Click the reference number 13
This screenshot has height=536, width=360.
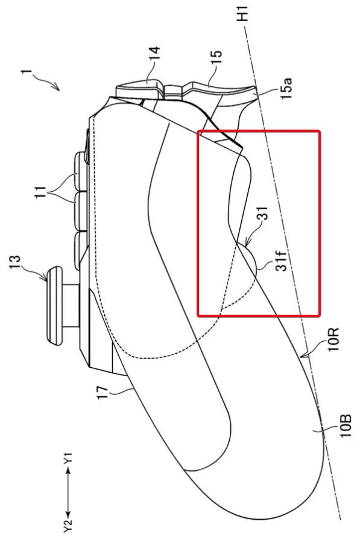(x=17, y=263)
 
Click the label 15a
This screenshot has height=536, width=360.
(x=286, y=88)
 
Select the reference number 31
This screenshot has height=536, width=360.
(x=264, y=213)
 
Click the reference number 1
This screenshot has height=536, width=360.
(x=27, y=73)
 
